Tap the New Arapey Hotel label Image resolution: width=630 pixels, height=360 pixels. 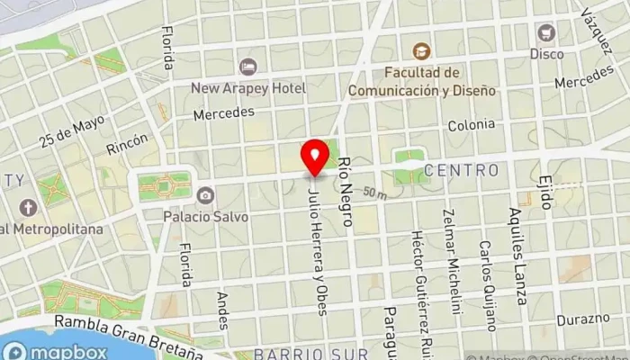tap(248, 88)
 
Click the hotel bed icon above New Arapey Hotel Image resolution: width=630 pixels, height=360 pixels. tap(248, 67)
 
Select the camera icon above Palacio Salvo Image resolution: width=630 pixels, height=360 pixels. tap(205, 195)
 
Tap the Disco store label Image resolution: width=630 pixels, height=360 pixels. tap(546, 54)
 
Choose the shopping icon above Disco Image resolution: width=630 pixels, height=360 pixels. tap(546, 32)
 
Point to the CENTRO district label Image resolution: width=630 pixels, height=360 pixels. tap(461, 170)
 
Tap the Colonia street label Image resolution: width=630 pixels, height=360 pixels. tap(471, 125)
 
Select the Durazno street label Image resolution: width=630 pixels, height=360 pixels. tap(582, 319)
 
